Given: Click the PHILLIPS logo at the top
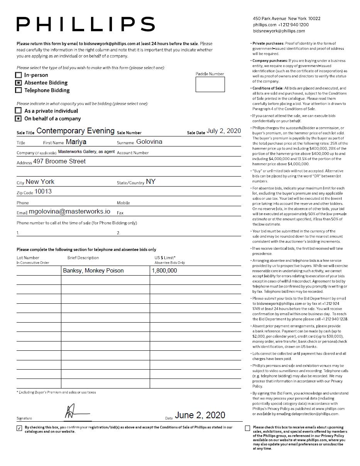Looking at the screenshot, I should (x=86, y=24).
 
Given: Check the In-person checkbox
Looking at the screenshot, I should (x=19, y=75).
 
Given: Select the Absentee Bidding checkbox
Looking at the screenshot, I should (x=19, y=82).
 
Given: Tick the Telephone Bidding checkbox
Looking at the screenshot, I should (x=19, y=90).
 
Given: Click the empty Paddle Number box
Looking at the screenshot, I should (x=210, y=84).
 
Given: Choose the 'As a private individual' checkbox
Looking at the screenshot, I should (x=19, y=111).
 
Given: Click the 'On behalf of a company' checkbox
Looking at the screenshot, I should (x=19, y=118).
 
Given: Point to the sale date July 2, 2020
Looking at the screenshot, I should (x=223, y=131).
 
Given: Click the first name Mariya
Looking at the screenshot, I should (x=76, y=142).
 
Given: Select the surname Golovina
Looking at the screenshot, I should (x=149, y=142).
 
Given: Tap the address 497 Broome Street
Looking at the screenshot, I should (x=59, y=162).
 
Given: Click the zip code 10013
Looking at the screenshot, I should (x=43, y=192).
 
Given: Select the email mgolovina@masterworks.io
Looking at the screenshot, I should (x=69, y=212).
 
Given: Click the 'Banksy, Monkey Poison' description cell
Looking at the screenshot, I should (x=93, y=271).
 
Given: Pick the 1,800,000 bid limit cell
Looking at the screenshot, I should (x=164, y=271).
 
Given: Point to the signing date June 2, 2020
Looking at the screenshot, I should (x=200, y=415).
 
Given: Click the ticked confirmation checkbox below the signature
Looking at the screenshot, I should (x=19, y=428).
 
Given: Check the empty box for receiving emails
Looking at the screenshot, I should (x=248, y=428).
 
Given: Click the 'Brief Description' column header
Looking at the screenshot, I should (x=83, y=258).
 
